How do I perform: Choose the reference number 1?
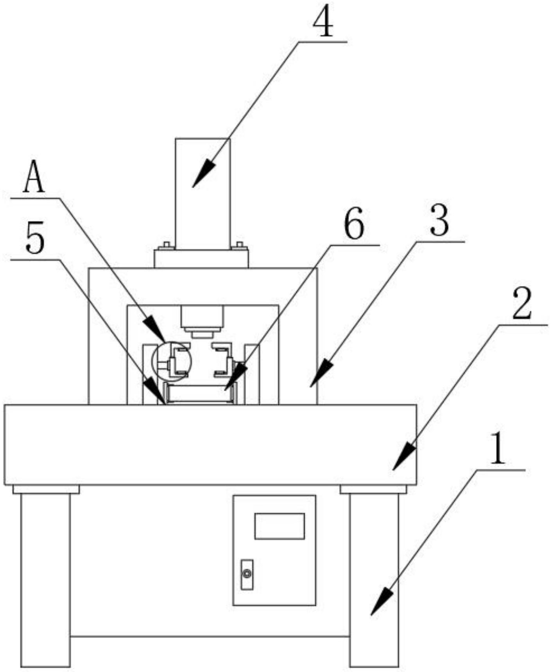pos(497,449)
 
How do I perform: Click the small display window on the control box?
pos(279,526)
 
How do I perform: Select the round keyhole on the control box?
pos(246,574)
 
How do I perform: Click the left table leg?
pos(45,579)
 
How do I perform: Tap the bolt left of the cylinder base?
pos(166,246)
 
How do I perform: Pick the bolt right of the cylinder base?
pos(239,246)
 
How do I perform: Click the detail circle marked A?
pos(172,361)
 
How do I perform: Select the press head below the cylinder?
pos(202,321)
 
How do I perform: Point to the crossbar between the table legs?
pos(210,636)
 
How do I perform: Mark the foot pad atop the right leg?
pos(373,489)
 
